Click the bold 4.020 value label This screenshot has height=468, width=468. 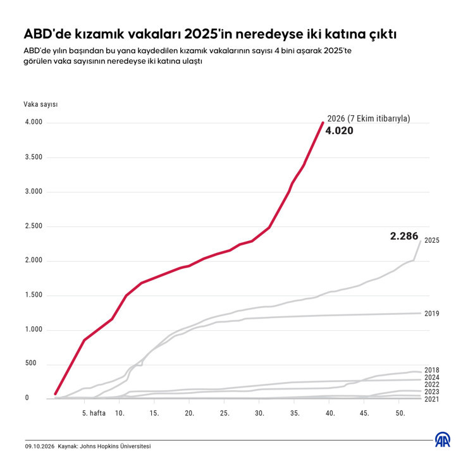(x=339, y=131)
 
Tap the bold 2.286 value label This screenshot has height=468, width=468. (x=404, y=236)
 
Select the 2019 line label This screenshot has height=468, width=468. (x=432, y=314)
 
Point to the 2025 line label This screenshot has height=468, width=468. (x=432, y=240)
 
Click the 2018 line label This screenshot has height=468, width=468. (x=432, y=370)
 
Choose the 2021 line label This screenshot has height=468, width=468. (x=432, y=399)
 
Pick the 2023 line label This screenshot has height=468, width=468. (x=432, y=392)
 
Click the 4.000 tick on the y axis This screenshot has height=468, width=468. (x=34, y=122)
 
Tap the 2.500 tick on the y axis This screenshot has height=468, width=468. (x=34, y=226)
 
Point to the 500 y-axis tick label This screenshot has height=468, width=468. (x=30, y=363)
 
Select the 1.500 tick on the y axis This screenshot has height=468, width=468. (x=34, y=295)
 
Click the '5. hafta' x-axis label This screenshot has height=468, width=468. (x=94, y=413)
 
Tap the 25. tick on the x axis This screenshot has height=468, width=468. (x=225, y=414)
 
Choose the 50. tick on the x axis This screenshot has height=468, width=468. (x=400, y=414)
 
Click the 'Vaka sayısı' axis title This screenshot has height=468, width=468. (x=40, y=104)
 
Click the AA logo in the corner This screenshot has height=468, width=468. (x=443, y=440)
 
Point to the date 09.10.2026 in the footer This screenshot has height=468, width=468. (x=40, y=446)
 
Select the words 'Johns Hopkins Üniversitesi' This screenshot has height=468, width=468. (x=115, y=446)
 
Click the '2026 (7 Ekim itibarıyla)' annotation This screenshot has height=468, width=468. (x=369, y=118)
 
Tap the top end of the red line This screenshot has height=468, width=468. (x=323, y=122)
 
